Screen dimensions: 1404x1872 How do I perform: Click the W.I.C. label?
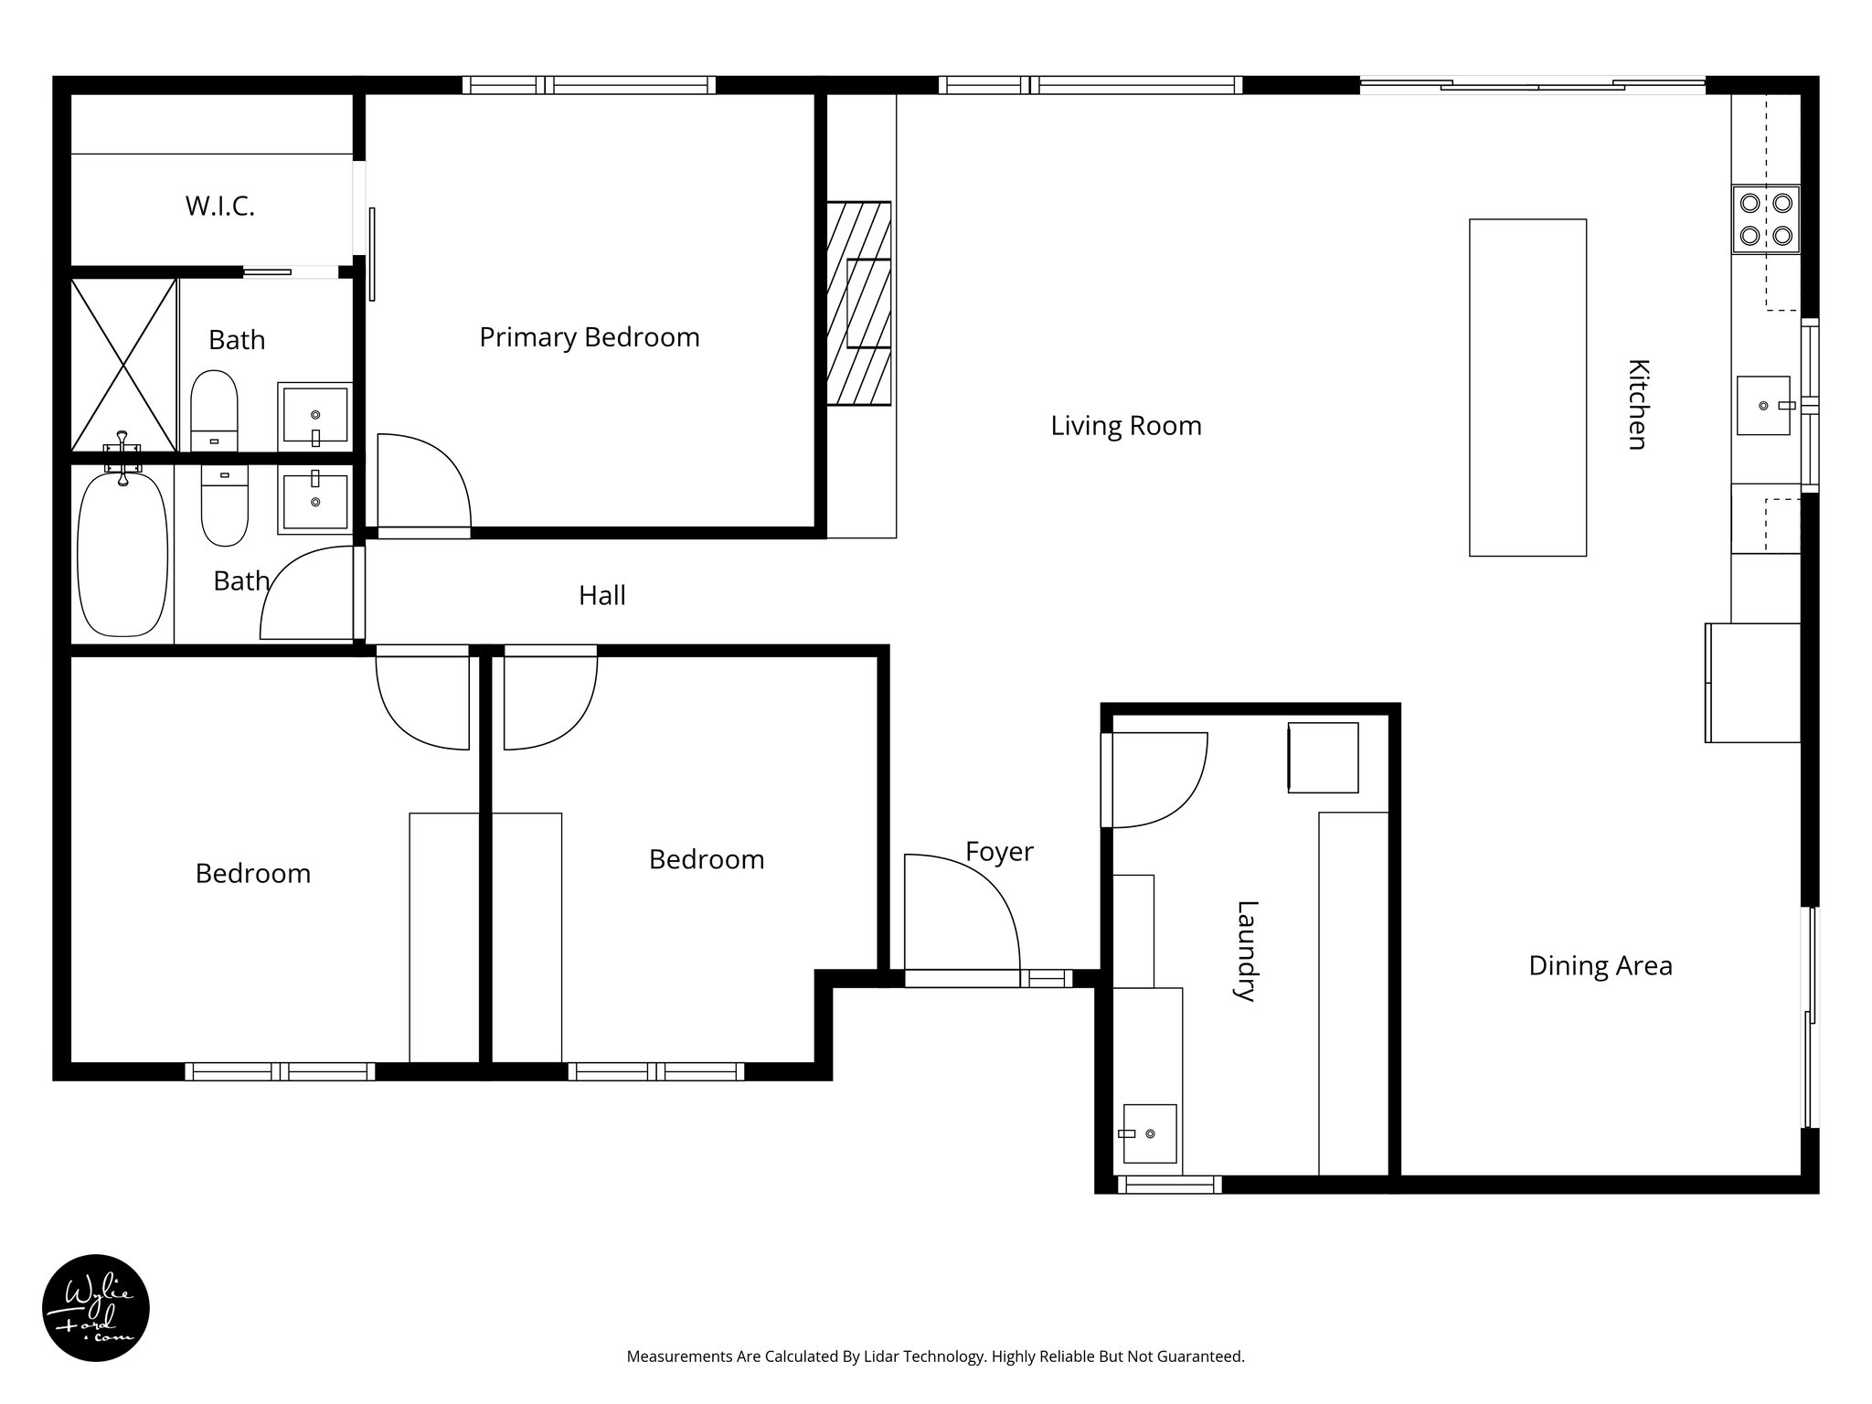219,207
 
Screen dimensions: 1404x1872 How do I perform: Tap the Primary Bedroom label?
589,337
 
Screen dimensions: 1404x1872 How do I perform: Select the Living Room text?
1125,426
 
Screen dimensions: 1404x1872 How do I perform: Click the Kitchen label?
1638,404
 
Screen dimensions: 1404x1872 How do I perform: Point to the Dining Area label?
1600,966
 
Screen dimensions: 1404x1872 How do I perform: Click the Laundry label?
1247,952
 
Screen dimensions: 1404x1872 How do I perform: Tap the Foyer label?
999,852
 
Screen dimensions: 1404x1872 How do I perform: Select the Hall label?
601,596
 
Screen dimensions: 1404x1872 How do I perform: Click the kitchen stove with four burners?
1765,219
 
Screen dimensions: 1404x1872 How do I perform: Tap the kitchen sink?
1763,405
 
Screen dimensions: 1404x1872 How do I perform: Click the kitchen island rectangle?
1527,388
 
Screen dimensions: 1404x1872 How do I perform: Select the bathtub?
122,554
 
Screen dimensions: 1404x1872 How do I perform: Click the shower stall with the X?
123,366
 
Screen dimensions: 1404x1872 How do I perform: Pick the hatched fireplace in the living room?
858,303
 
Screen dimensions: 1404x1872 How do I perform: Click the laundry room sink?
1149,1133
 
